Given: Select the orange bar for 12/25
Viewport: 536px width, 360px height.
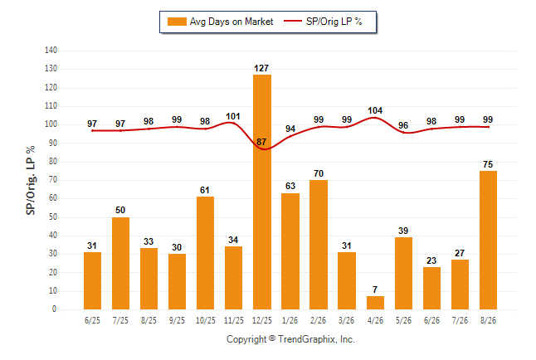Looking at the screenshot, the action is coord(262,192).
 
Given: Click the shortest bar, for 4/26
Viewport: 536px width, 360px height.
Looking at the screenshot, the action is coord(375,303).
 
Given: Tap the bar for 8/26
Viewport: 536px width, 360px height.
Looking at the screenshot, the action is coord(488,241).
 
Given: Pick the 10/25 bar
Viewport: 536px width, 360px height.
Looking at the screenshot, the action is coord(206,253).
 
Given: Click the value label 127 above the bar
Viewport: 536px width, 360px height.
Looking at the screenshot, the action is coord(261,68).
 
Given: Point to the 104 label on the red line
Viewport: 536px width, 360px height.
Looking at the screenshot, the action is coord(375,111).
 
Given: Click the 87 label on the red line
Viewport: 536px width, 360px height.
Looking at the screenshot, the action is coord(261,142).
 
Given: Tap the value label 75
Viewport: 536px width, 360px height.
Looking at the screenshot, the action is coord(488,164).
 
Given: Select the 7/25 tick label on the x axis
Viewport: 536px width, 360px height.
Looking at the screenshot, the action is coord(120,320).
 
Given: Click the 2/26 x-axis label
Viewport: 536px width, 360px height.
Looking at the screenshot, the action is coord(319,320).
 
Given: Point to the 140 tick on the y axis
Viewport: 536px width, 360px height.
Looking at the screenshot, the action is coord(51,51).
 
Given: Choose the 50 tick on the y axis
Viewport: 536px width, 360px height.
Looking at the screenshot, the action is coord(53,217).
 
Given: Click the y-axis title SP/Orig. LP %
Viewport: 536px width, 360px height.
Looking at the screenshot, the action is coord(31,181).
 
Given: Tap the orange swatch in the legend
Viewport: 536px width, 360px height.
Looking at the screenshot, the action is coord(177,22).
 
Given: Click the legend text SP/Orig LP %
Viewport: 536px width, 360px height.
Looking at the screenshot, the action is coord(334,22).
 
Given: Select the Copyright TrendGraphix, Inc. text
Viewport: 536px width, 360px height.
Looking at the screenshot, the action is coord(290,339).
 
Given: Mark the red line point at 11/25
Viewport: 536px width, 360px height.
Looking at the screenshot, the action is coord(233,123).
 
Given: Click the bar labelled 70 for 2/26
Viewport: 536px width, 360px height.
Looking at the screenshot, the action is coord(319,245).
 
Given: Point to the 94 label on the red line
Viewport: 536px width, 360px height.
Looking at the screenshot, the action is coord(290,129).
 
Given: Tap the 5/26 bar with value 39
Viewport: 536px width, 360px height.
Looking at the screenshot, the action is coord(404,274).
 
